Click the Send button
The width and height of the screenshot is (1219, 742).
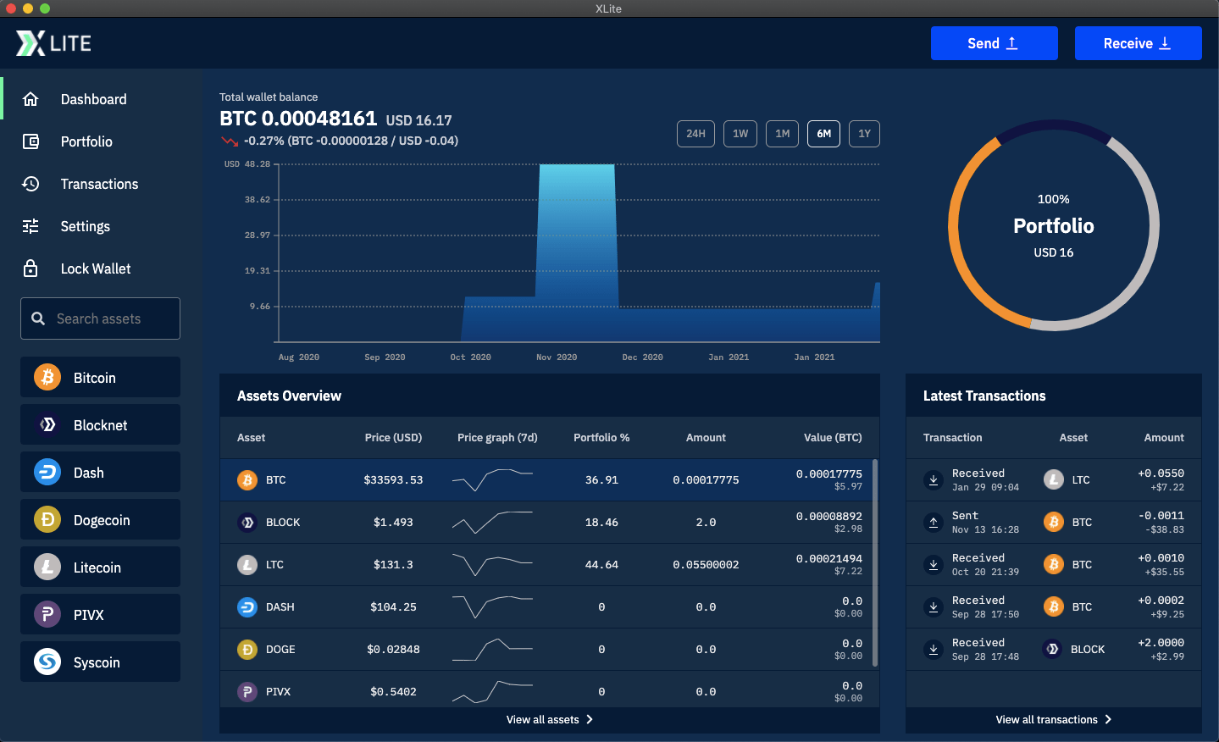(994, 43)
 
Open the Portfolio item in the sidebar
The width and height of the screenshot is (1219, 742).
(86, 141)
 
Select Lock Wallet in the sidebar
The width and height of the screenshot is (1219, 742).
(95, 269)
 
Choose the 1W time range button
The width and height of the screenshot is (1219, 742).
(740, 134)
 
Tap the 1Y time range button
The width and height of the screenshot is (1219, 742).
(864, 134)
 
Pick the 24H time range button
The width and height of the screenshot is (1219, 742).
(695, 134)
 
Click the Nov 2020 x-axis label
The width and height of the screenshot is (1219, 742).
(557, 357)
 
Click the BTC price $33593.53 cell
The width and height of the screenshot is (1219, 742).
(393, 480)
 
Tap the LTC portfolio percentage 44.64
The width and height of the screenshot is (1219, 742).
(601, 565)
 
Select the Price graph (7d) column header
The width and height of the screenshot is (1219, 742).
(497, 438)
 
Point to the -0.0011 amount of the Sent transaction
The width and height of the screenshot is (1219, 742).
(1161, 516)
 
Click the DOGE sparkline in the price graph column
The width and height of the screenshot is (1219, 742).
(492, 650)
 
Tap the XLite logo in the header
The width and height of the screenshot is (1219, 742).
(53, 43)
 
